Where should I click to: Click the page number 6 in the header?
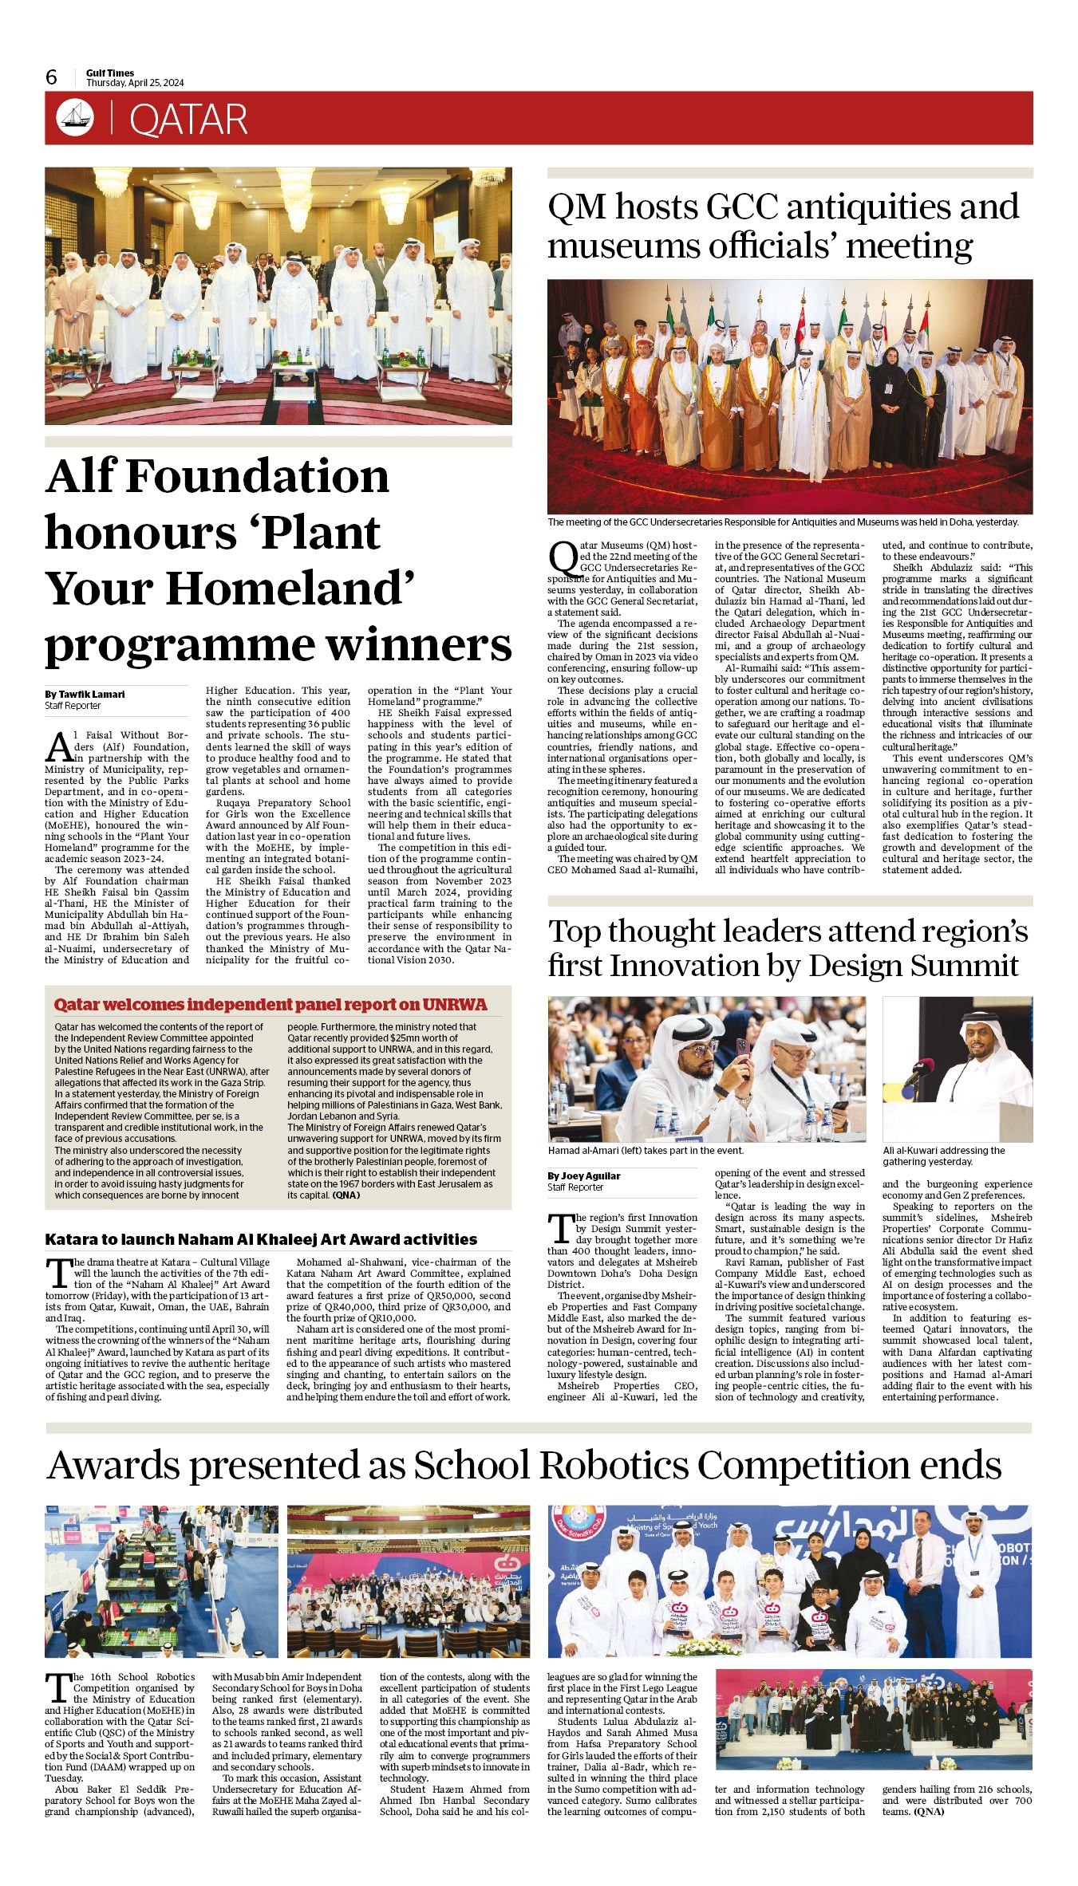tap(52, 77)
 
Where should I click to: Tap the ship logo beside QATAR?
tap(75, 118)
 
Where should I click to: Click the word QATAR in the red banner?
tap(188, 120)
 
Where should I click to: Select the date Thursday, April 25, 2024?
tap(135, 83)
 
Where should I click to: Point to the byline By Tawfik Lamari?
tap(85, 694)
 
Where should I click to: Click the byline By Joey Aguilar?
tap(584, 1175)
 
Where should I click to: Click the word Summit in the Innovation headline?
tap(965, 966)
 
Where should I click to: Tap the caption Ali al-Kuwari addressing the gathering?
tap(944, 1156)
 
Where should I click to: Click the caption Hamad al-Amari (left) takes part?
tap(646, 1151)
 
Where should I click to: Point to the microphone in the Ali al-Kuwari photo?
tap(918, 1073)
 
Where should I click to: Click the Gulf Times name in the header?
tap(110, 73)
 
